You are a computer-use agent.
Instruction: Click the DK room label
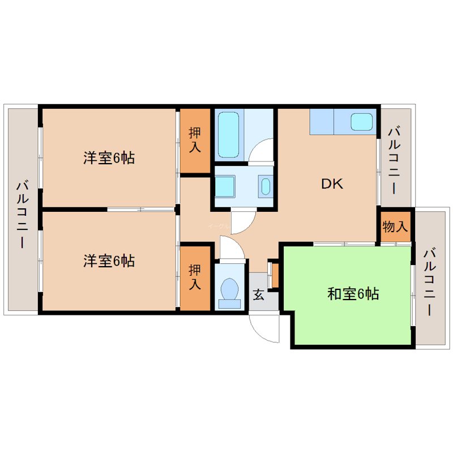click(x=332, y=184)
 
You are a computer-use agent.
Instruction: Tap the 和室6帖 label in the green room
click(x=353, y=294)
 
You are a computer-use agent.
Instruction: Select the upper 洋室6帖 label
click(x=109, y=159)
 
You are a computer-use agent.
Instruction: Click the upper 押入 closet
click(x=195, y=140)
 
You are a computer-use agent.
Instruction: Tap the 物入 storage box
click(x=395, y=227)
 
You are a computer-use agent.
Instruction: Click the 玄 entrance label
click(x=258, y=295)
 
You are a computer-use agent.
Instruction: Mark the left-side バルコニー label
click(x=22, y=214)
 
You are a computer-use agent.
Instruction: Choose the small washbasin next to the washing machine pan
click(x=265, y=186)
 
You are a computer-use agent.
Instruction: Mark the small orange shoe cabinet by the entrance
click(x=275, y=274)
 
